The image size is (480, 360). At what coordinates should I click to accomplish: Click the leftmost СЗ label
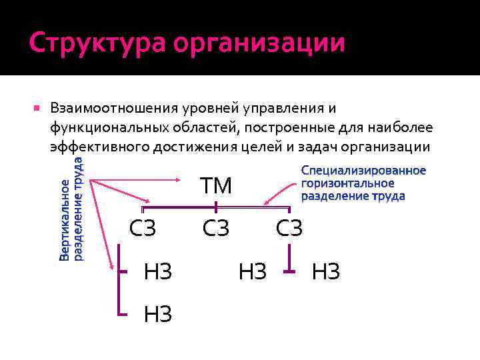pyautogui.click(x=143, y=228)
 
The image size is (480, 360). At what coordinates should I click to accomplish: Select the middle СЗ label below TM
pyautogui.click(x=216, y=228)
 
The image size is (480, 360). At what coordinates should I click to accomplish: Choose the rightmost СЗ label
pyautogui.click(x=289, y=228)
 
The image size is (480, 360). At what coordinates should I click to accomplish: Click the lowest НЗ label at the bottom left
pyautogui.click(x=158, y=313)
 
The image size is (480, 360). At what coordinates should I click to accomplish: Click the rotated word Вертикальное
pyautogui.click(x=64, y=220)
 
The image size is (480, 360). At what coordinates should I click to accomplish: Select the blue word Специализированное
pyautogui.click(x=363, y=171)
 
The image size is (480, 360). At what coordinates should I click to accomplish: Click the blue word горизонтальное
pyautogui.click(x=347, y=183)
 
